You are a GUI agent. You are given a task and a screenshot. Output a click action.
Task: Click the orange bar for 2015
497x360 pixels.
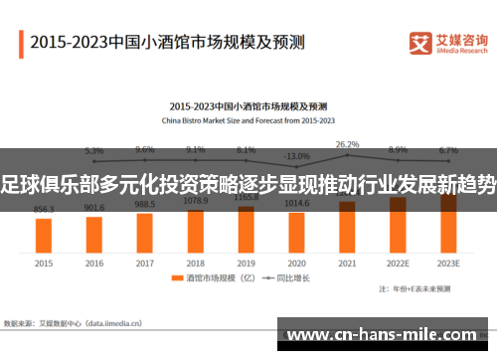click(44, 235)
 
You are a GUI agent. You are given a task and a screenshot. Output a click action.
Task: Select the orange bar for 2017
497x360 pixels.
click(145, 231)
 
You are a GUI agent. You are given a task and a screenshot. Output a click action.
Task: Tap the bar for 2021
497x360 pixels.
click(347, 226)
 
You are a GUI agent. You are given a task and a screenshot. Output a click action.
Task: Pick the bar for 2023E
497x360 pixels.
click(448, 223)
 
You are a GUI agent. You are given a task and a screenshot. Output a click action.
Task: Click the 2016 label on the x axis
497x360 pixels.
click(94, 264)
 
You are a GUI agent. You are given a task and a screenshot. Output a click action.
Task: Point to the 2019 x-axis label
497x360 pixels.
click(247, 264)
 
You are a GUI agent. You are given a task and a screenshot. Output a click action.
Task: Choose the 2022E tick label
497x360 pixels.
click(398, 264)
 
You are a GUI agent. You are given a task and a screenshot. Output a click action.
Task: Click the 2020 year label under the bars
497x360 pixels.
click(296, 264)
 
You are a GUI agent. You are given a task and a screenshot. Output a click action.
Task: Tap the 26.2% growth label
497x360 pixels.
click(347, 144)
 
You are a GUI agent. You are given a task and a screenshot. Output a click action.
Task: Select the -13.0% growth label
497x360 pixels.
click(296, 156)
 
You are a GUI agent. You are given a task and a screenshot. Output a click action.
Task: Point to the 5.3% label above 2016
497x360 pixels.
click(94, 151)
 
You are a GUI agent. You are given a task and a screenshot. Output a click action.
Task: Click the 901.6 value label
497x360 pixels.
click(94, 208)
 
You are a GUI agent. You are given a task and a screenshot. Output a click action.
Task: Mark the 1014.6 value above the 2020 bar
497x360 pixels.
click(296, 203)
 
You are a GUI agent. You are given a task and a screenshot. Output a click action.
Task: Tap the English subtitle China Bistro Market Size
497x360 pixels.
click(248, 119)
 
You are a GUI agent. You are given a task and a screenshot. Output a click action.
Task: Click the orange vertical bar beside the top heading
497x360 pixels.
click(20, 43)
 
